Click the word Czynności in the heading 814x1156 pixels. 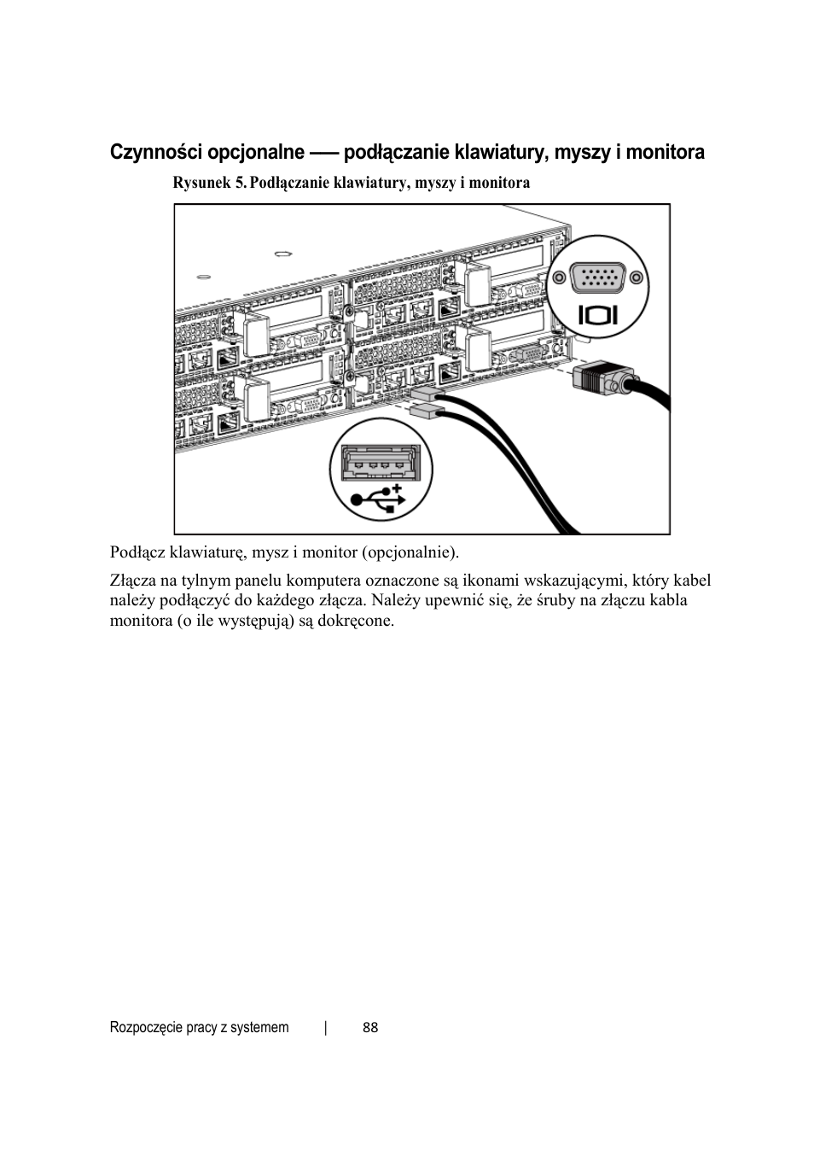pos(153,153)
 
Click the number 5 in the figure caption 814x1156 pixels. pos(241,183)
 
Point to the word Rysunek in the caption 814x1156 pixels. pos(202,183)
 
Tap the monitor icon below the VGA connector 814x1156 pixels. pos(597,314)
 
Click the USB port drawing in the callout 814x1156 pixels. pos(381,466)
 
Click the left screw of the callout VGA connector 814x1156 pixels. pos(559,277)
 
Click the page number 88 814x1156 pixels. pos(370,1028)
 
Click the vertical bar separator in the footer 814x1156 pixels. pos(326,1028)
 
